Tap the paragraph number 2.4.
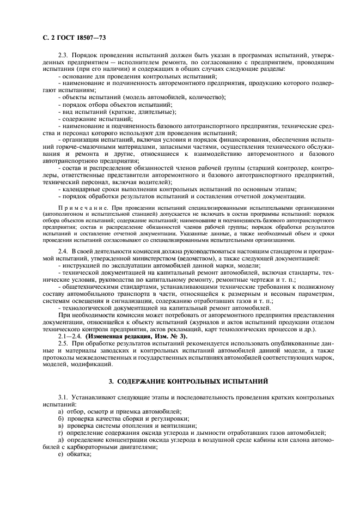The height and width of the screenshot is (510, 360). click(x=64, y=250)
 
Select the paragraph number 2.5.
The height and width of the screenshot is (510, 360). click(x=64, y=344)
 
